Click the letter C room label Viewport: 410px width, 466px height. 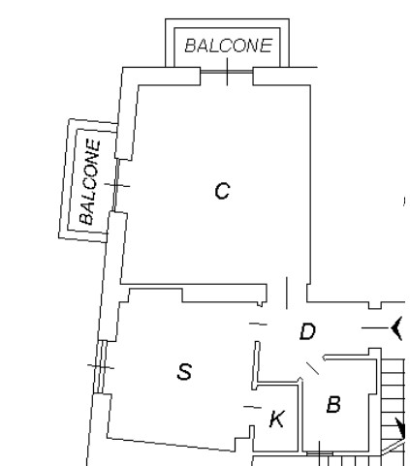(x=222, y=191)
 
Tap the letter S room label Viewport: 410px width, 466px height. (x=184, y=371)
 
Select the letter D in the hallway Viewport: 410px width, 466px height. (x=307, y=331)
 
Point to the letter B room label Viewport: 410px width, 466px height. (x=333, y=405)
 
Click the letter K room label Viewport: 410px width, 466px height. (x=277, y=419)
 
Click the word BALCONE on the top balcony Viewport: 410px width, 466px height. (x=229, y=46)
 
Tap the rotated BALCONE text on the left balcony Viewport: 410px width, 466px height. (x=90, y=181)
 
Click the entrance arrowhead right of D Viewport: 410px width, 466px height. (x=396, y=328)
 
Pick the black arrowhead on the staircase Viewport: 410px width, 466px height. (x=400, y=428)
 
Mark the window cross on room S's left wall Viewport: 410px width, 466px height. (x=101, y=366)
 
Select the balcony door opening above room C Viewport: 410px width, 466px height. (x=227, y=72)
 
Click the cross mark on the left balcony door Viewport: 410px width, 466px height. (x=117, y=185)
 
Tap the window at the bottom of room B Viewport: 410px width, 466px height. (x=320, y=453)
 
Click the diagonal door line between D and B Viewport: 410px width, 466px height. (x=313, y=368)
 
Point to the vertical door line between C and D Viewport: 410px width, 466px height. (x=287, y=293)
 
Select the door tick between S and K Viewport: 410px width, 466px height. (x=252, y=407)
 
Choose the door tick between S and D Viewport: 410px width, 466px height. (x=258, y=324)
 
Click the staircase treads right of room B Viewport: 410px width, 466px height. (x=393, y=399)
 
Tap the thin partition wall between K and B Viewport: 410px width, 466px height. (x=300, y=417)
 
